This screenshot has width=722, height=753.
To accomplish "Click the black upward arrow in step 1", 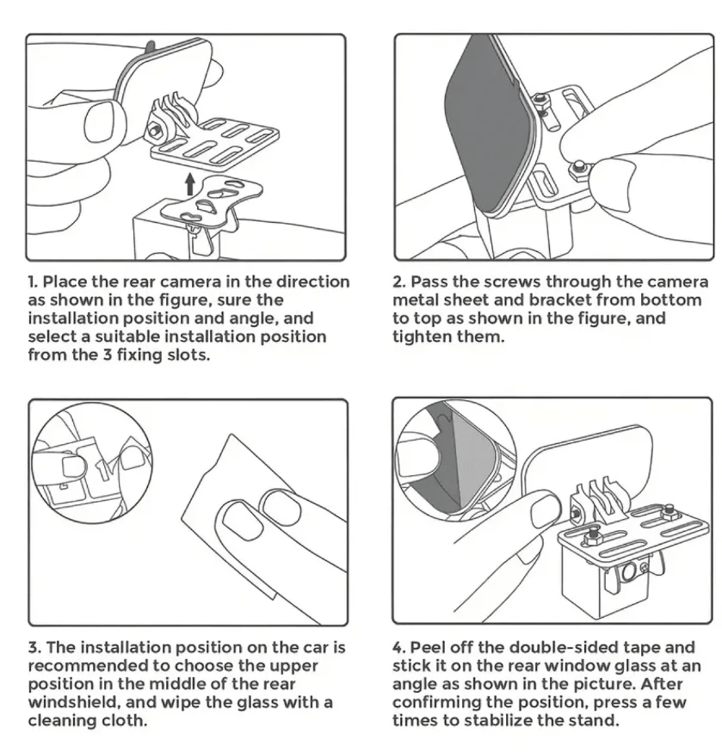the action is (190, 184).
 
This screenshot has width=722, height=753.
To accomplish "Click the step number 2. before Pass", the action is (399, 281).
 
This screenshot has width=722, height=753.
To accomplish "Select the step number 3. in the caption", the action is (34, 647).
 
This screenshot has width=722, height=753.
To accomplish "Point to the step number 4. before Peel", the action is (399, 647).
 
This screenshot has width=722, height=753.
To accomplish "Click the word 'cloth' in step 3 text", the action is (124, 720).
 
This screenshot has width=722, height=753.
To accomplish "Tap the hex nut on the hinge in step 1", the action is (155, 130).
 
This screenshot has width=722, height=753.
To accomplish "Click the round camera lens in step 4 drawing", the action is (629, 572).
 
